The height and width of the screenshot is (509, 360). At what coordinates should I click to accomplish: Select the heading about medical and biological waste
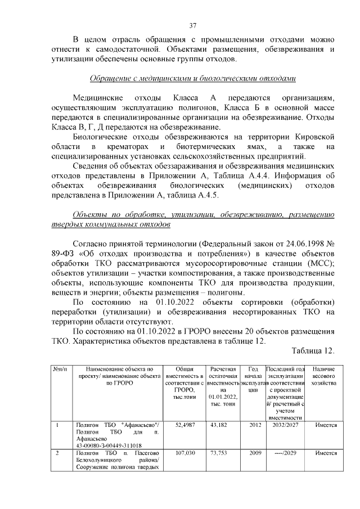[192, 78]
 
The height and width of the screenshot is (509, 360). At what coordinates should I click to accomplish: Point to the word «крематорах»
[130, 146]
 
